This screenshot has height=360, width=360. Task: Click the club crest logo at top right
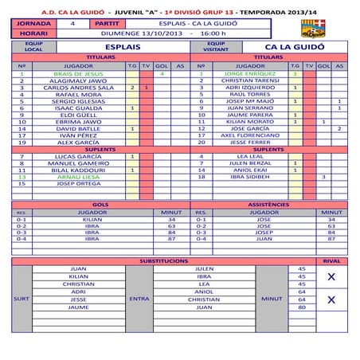point(328,30)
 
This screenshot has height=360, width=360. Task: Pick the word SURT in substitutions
point(23,299)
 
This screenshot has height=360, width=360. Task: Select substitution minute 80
point(302,306)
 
